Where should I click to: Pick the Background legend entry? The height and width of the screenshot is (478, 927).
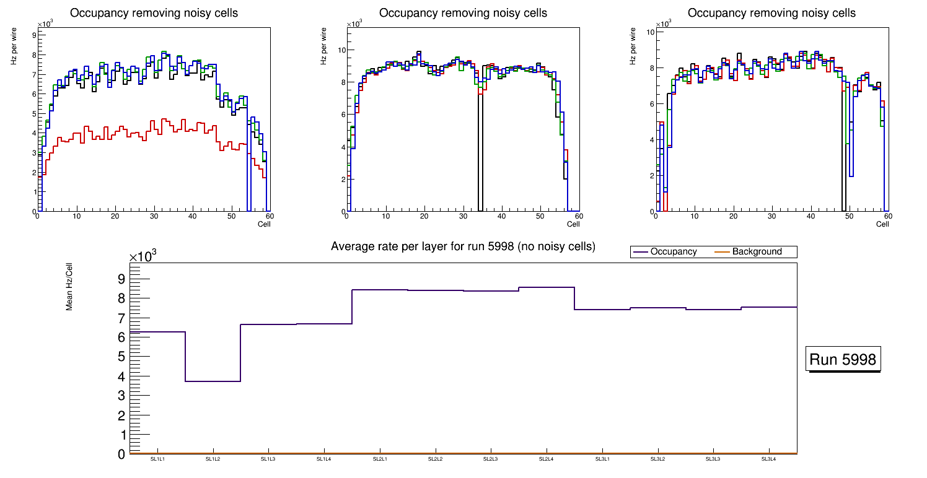pyautogui.click(x=757, y=252)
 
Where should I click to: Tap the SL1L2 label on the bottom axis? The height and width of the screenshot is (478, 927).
pyautogui.click(x=213, y=459)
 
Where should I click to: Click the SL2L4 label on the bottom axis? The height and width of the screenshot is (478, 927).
pyautogui.click(x=546, y=459)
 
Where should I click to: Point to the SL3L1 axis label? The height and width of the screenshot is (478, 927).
pyautogui.click(x=602, y=459)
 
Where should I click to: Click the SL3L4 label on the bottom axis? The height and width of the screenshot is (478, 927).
pyautogui.click(x=768, y=459)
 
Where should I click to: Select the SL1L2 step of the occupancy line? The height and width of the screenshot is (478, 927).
pyautogui.click(x=213, y=381)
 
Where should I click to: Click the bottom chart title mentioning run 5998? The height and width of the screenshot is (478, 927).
pyautogui.click(x=463, y=246)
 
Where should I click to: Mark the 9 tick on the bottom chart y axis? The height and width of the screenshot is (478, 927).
pyautogui.click(x=121, y=279)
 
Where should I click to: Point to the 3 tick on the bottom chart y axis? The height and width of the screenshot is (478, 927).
pyautogui.click(x=121, y=396)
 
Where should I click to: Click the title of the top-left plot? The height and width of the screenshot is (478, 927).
pyautogui.click(x=154, y=13)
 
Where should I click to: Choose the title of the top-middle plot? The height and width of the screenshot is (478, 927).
pyautogui.click(x=463, y=13)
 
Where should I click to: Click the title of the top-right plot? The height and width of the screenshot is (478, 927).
pyautogui.click(x=771, y=13)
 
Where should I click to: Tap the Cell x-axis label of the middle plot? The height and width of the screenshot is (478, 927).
pyautogui.click(x=573, y=224)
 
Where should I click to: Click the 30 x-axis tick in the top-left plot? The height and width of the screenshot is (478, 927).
pyautogui.click(x=154, y=217)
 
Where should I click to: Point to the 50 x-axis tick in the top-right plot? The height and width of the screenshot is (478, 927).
pyautogui.click(x=849, y=217)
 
